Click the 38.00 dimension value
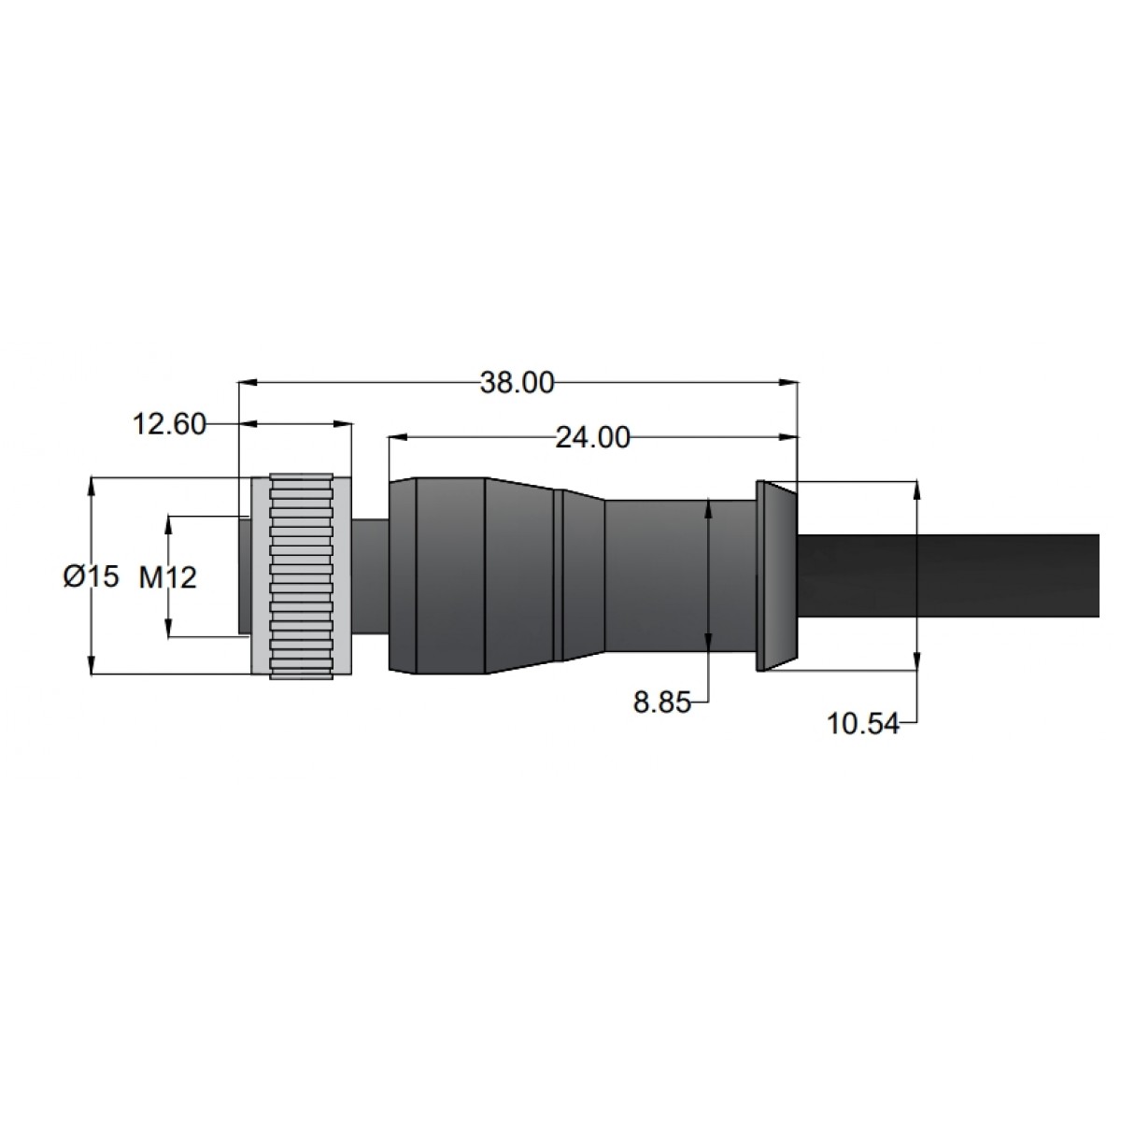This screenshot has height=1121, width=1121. (x=517, y=382)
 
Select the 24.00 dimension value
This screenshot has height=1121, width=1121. (x=592, y=437)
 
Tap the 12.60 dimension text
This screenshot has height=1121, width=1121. (x=169, y=425)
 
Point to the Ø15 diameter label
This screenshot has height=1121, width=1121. (x=92, y=577)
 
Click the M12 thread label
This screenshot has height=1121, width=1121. (x=168, y=578)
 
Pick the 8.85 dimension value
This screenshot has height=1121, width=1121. (x=661, y=702)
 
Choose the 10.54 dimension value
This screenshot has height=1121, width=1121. (x=862, y=722)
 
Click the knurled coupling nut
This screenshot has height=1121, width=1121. (x=302, y=575)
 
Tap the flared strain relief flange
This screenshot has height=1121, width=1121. (x=774, y=575)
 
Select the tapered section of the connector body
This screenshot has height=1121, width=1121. (x=520, y=575)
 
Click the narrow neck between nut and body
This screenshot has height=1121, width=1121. (x=371, y=575)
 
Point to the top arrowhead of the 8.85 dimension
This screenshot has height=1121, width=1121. (x=710, y=507)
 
